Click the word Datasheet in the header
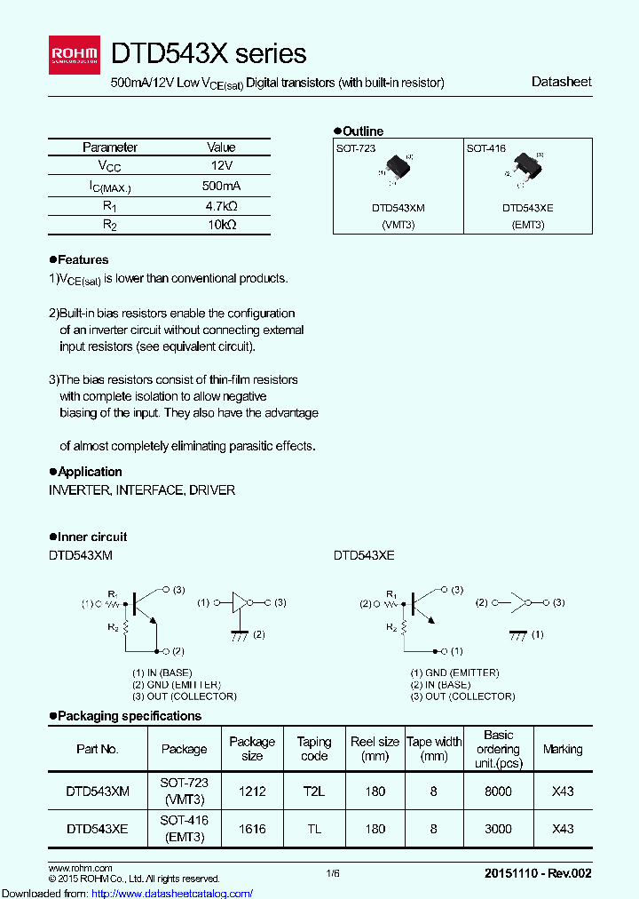[561, 82]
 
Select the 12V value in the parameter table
[221, 166]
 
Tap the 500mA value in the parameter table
[221, 186]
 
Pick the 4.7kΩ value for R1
[221, 205]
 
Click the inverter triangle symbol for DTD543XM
[241, 603]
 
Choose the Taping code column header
[314, 749]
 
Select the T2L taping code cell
[314, 791]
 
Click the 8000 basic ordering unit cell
[498, 791]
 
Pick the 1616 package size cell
[252, 829]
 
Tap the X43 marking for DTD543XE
[563, 829]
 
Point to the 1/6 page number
[333, 874]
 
